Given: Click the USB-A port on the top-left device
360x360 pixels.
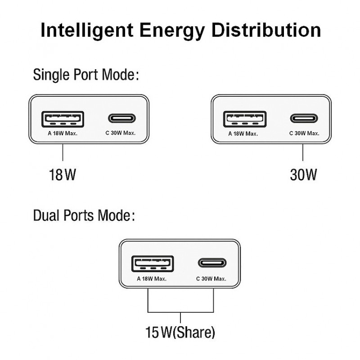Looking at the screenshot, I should coord(63,119).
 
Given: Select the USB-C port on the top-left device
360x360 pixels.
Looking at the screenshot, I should coord(121,119).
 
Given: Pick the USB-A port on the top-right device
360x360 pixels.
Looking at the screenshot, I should coord(245,119).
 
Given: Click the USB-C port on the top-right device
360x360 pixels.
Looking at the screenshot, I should coord(304,119).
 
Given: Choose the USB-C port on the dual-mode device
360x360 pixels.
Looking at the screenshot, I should coord(211,263).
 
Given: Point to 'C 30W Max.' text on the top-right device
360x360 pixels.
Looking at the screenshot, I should coord(304,133).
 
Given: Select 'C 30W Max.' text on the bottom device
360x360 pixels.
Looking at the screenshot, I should coord(211,279).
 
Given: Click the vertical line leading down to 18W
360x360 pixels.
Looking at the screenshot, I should coord(62,152).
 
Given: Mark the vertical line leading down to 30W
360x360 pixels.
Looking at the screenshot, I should coord(303,152).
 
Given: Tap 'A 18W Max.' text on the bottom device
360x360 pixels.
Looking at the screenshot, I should coord(152,279).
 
